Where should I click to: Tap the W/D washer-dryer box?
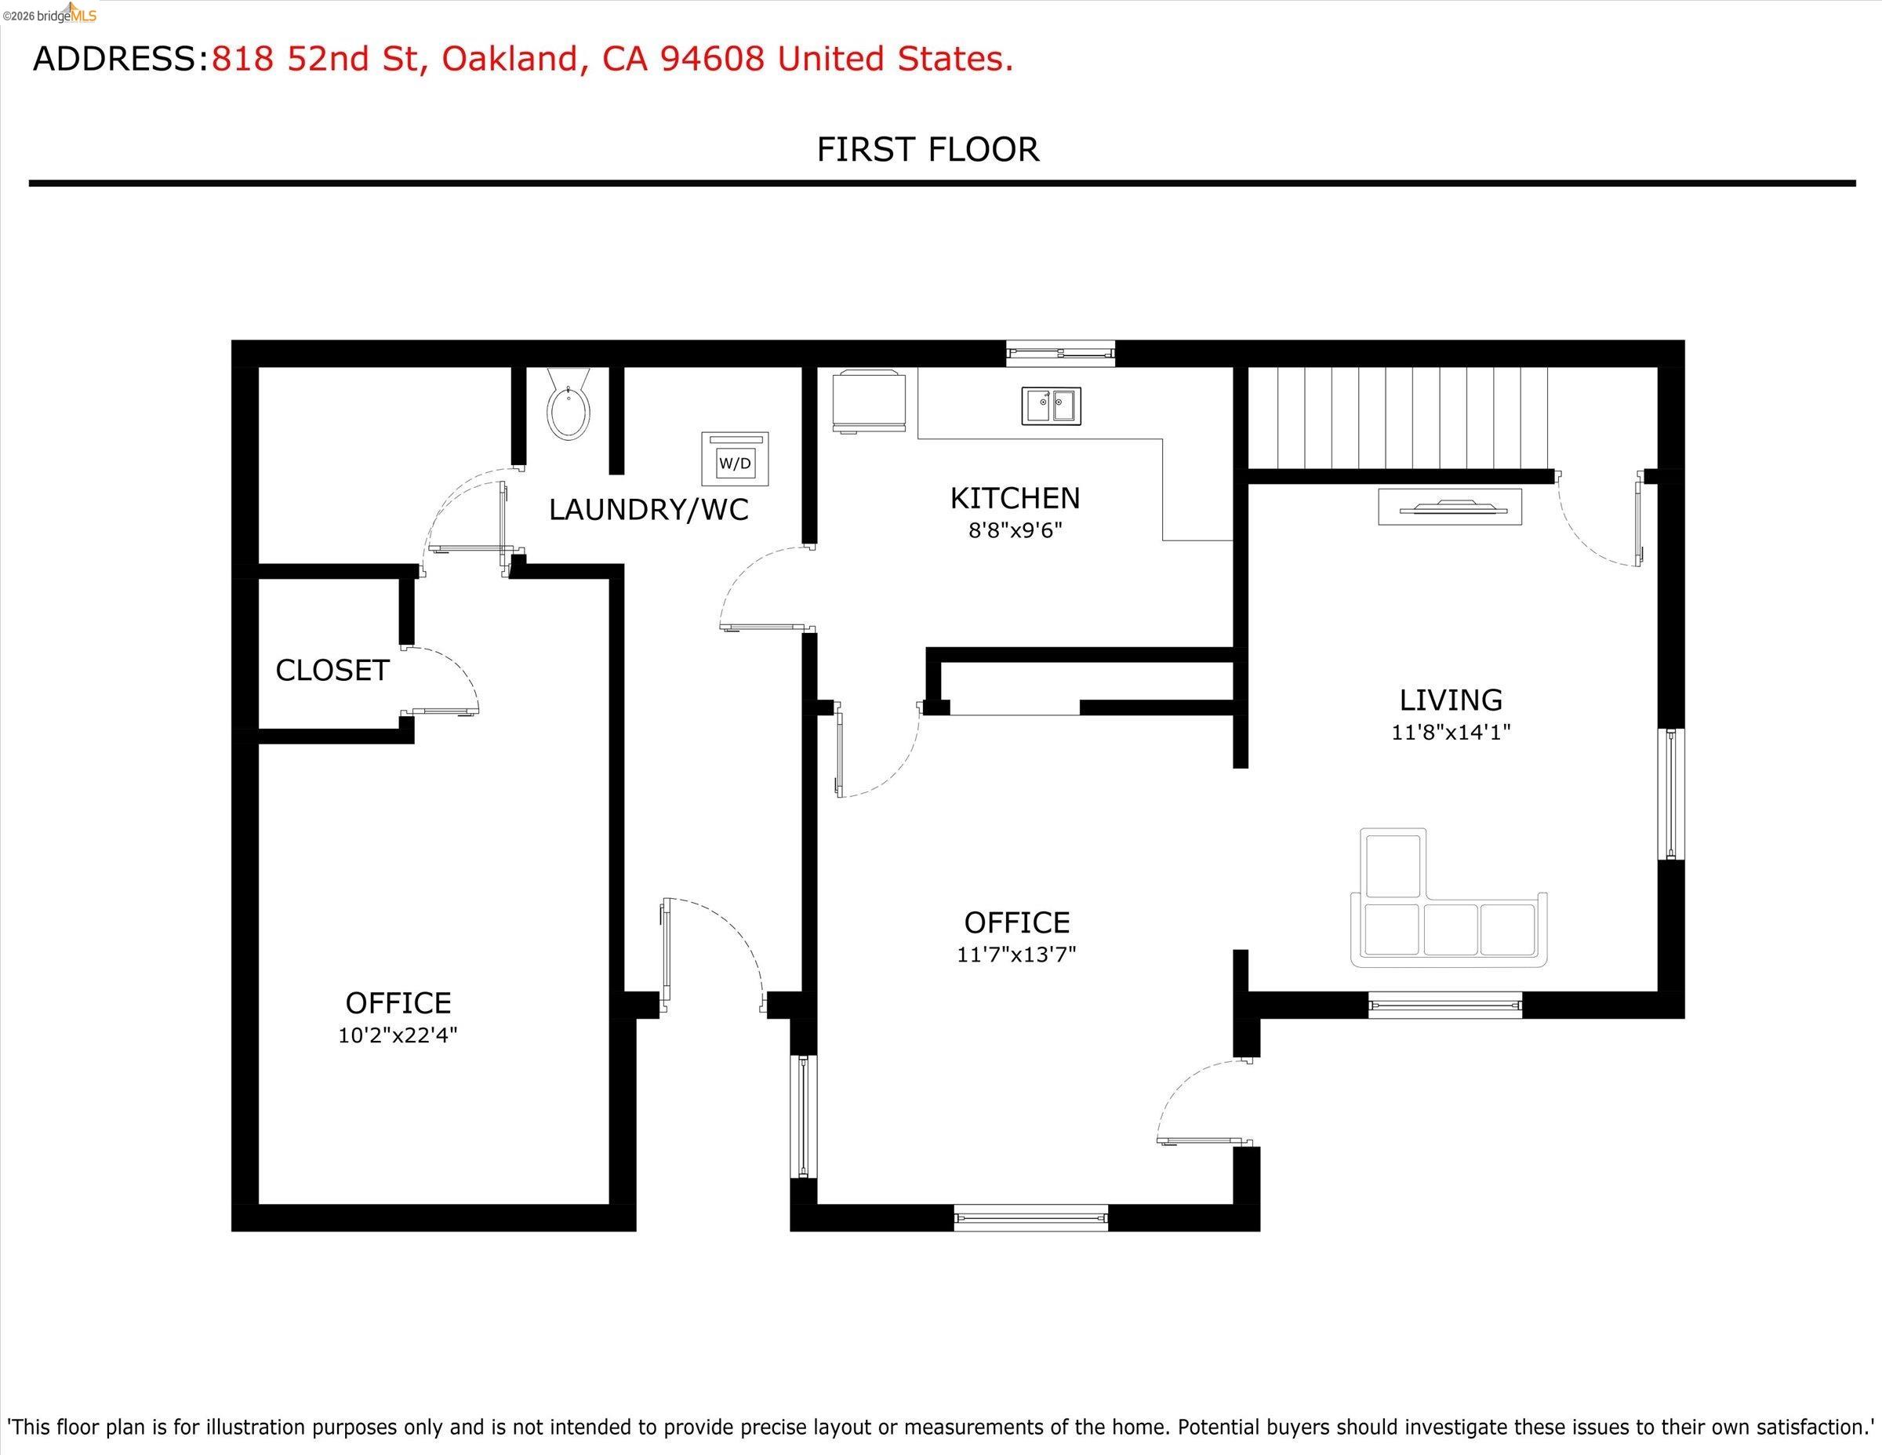pyautogui.click(x=735, y=460)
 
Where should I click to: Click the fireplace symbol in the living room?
pyautogui.click(x=1449, y=507)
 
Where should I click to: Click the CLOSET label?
pyautogui.click(x=332, y=670)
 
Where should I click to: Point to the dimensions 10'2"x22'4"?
pyautogui.click(x=398, y=1035)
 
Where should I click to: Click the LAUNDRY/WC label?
pyautogui.click(x=648, y=509)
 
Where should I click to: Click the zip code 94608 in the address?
pyautogui.click(x=712, y=59)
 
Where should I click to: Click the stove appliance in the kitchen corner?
pyautogui.click(x=869, y=401)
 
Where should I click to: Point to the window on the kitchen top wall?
pyautogui.click(x=1061, y=354)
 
